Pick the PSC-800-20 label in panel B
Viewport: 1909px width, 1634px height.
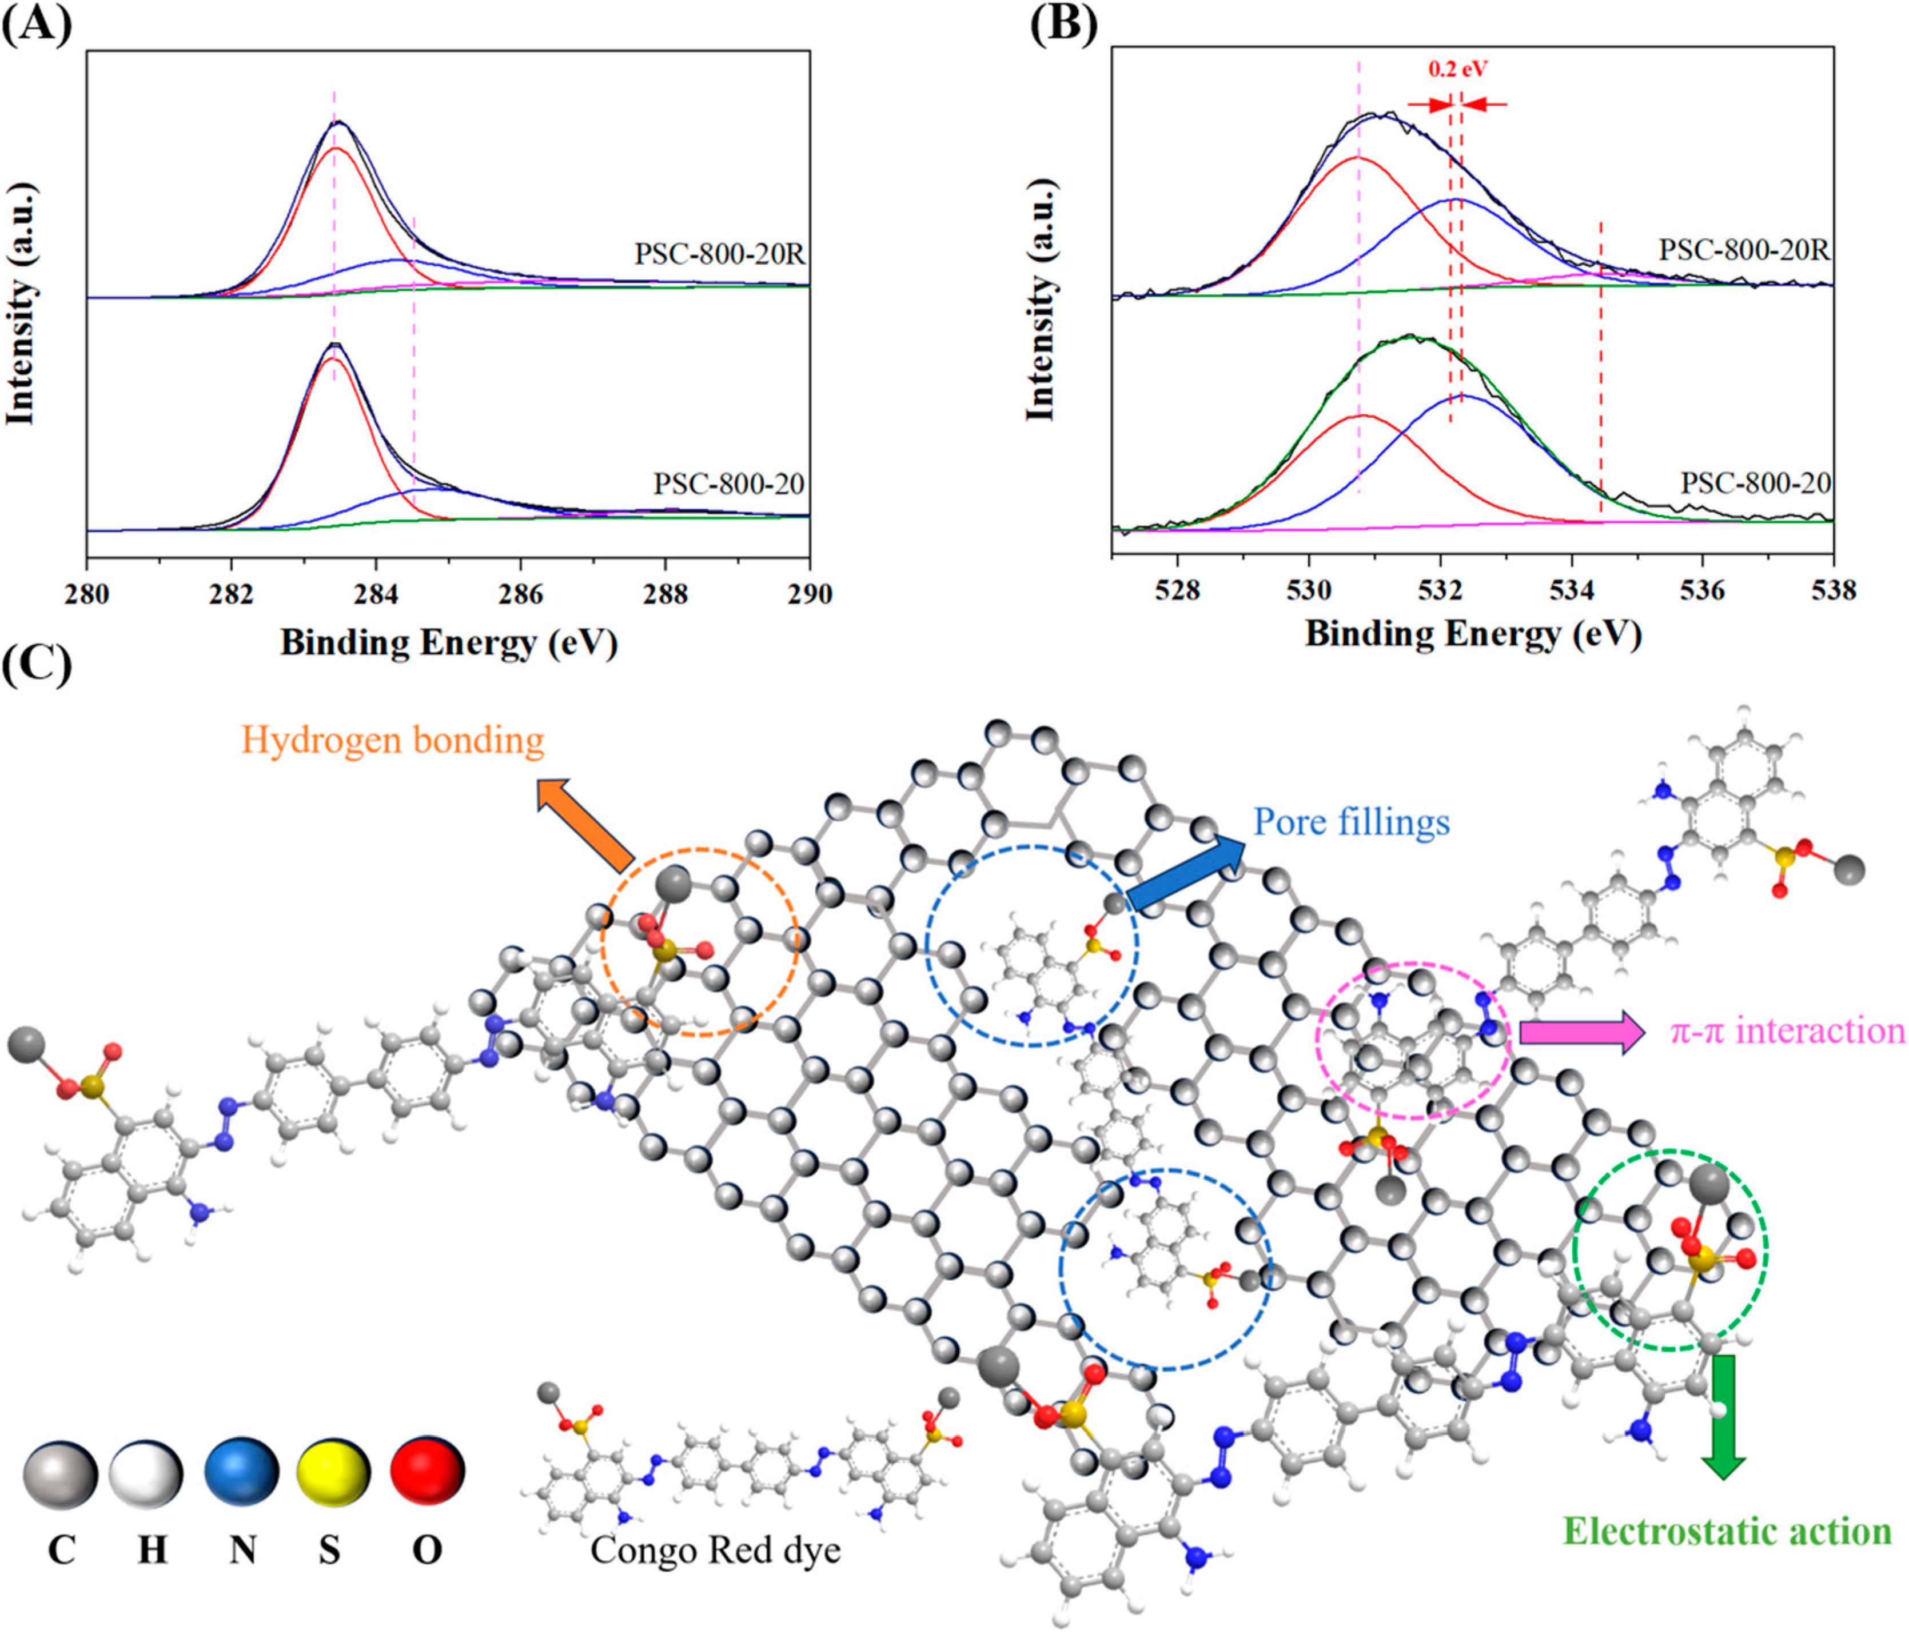pos(1755,484)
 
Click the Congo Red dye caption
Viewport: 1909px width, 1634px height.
pos(715,1550)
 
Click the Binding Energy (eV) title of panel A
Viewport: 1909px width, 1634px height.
pos(449,642)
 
